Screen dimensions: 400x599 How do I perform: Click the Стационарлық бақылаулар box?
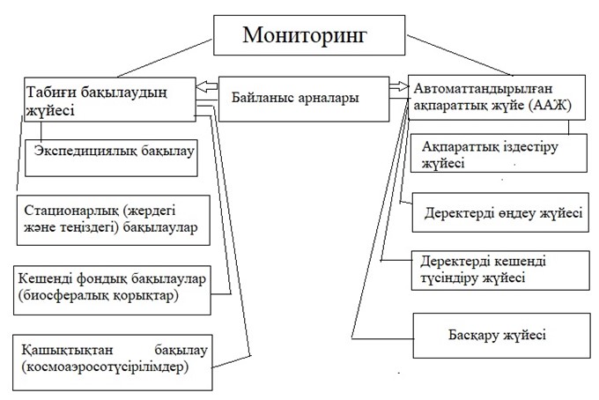coord(114,219)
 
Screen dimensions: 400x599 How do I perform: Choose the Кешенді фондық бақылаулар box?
coord(114,287)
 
